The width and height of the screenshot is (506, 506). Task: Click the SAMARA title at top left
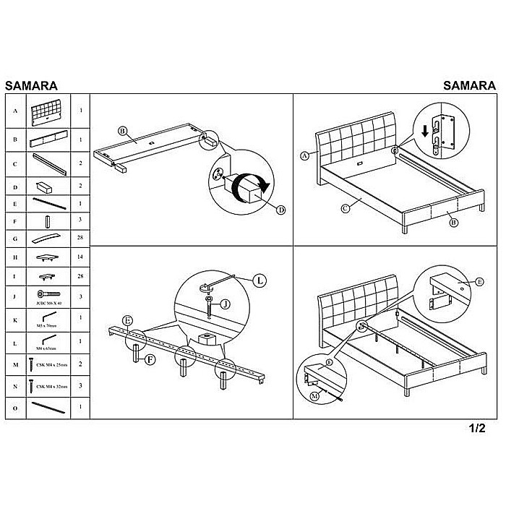[x=32, y=84]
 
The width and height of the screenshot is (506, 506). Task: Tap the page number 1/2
[x=476, y=427]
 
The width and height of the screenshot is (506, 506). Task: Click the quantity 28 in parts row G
[x=81, y=237]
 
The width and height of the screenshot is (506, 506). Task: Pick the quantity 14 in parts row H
[x=81, y=258]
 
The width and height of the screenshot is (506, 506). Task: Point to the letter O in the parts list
[x=15, y=408]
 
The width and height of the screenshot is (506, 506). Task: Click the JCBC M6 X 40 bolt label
[x=49, y=305]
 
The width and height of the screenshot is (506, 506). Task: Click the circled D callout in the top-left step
[x=280, y=210]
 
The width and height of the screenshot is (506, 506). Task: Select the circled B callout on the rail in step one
[x=122, y=131]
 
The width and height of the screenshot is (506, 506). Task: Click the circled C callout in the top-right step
[x=346, y=210]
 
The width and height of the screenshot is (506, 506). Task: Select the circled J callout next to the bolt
[x=225, y=304]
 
